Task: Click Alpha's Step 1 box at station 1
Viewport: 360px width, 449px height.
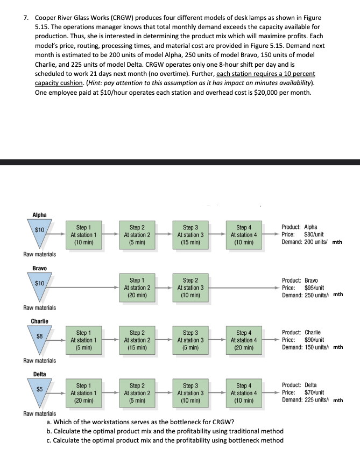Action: [83, 235]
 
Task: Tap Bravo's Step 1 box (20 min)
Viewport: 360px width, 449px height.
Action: [137, 288]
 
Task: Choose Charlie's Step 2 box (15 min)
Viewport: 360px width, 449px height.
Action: [137, 340]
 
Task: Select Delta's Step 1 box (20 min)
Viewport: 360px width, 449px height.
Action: [83, 393]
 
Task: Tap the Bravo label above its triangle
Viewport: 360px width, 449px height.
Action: [39, 268]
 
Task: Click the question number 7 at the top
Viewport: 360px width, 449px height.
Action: [26, 18]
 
